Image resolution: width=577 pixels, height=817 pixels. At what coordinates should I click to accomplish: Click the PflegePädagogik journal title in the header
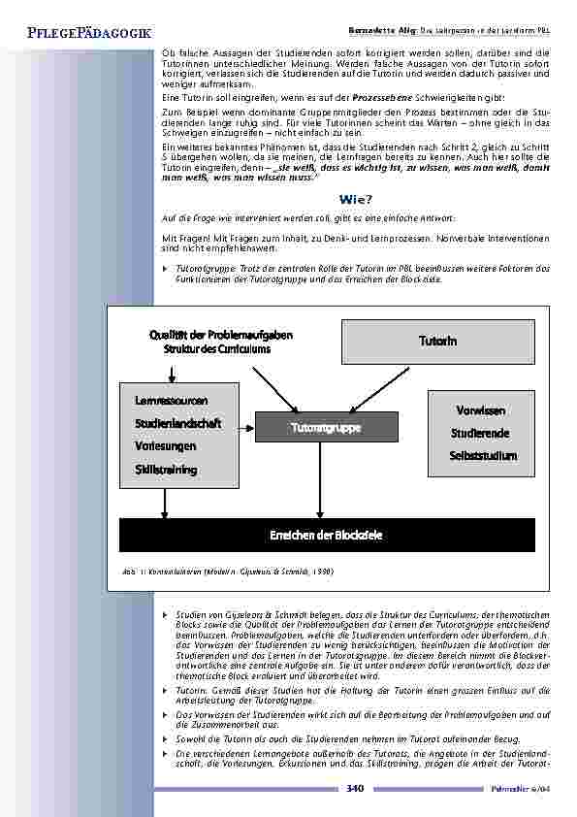[75, 35]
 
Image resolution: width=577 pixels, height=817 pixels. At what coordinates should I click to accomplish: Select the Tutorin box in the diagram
[437, 341]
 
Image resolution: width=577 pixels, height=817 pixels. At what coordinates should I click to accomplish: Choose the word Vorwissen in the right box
[480, 411]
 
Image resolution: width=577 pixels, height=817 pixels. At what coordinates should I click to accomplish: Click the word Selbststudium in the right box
[484, 456]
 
